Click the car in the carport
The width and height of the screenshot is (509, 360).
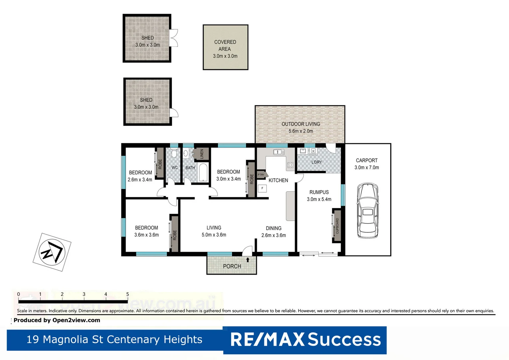tap(367, 210)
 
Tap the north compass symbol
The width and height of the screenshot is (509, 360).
tap(52, 252)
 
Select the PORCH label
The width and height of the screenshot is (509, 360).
tap(232, 266)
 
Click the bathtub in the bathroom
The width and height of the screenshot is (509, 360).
tap(203, 172)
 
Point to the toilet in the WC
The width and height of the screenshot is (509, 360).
tap(174, 154)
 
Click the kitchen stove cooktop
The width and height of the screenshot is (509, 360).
tap(290, 165)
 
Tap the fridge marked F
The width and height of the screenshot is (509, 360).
tap(262, 188)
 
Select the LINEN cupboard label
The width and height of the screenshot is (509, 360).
tap(202, 154)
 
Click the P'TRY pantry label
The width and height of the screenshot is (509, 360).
tap(261, 175)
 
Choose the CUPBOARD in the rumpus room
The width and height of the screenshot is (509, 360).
tap(337, 226)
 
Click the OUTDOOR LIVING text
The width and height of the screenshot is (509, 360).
tap(300, 124)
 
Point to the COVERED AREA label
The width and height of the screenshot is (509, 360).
tap(225, 46)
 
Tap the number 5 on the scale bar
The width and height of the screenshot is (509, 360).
tap(128, 294)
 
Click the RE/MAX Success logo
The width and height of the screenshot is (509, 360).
tap(305, 340)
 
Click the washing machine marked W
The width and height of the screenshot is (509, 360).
tap(313, 151)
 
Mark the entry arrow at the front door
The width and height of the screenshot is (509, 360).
tap(248, 260)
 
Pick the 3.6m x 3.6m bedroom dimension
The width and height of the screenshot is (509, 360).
tap(146, 235)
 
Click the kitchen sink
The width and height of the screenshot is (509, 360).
tap(278, 152)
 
